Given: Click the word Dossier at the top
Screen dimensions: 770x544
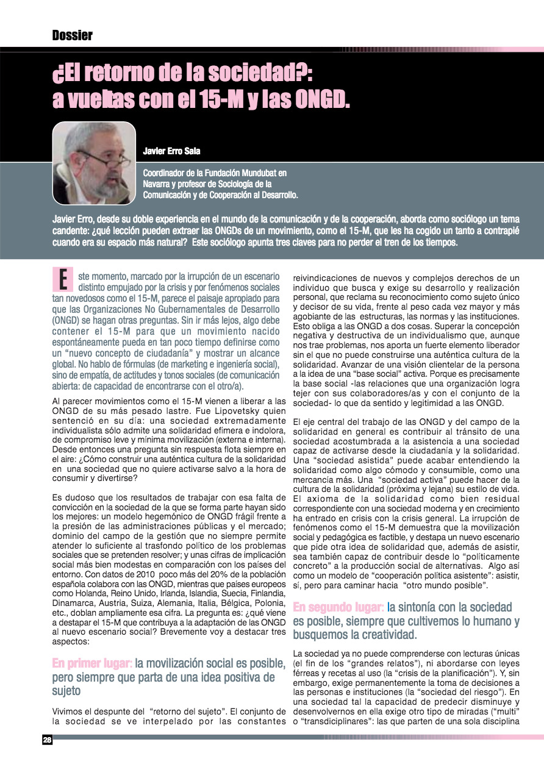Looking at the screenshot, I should pyautogui.click(x=73, y=35).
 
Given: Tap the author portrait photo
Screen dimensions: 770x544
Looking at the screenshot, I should pyautogui.click(x=94, y=163).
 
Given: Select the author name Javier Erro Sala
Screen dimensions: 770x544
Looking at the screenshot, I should pyautogui.click(x=171, y=151).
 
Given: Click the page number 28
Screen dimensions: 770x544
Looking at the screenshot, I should pyautogui.click(x=47, y=740).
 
